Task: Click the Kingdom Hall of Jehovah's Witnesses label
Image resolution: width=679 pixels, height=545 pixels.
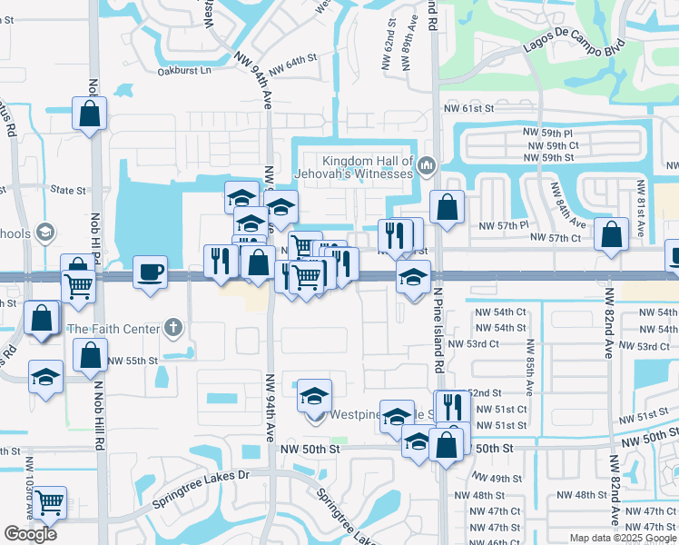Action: click(x=354, y=166)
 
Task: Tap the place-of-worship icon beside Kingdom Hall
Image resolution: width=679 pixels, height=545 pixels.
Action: click(x=426, y=165)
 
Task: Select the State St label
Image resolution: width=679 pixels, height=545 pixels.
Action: click(x=68, y=191)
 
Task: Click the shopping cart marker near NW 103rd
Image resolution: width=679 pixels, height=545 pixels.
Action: click(x=49, y=500)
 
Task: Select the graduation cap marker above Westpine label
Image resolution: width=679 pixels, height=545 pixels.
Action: click(x=315, y=395)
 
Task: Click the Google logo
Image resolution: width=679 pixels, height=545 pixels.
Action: click(x=31, y=535)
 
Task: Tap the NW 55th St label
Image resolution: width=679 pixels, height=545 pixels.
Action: click(x=133, y=361)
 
